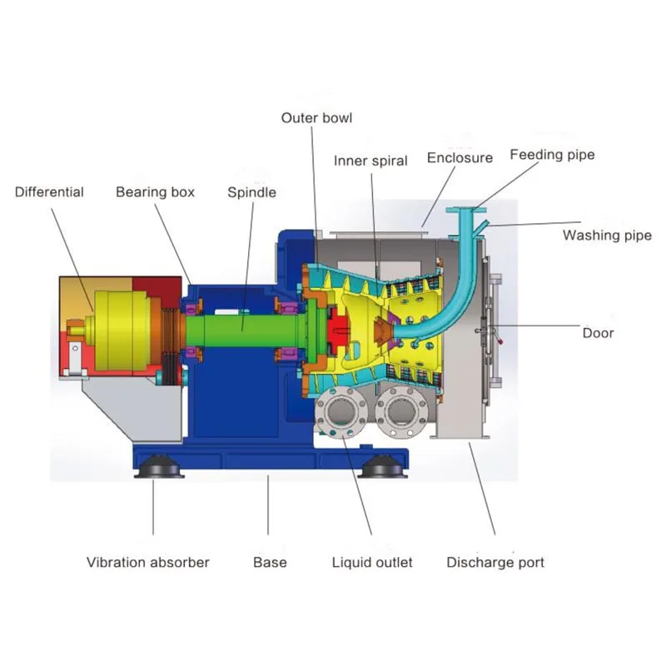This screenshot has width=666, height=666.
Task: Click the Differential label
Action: coord(49,192)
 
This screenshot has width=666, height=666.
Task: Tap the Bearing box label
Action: coord(155,192)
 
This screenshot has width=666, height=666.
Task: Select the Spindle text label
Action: coord(251,192)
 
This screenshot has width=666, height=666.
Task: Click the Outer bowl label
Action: coord(316,117)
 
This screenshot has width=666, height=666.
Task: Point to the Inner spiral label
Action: coord(370,160)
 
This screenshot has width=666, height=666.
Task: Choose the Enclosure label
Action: coord(460,157)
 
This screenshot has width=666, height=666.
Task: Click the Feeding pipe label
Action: coord(552,154)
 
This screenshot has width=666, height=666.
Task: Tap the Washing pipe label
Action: coord(607,236)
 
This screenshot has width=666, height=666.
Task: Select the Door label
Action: coord(598,333)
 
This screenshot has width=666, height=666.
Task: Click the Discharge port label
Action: coord(495,563)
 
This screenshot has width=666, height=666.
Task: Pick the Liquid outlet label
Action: coord(372,563)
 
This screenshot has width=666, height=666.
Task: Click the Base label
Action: coord(270,563)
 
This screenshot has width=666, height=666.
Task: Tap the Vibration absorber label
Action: coord(148,563)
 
